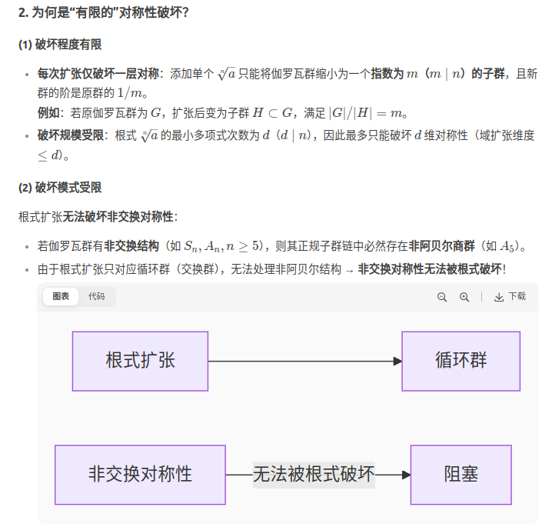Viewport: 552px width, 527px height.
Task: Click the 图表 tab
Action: [61, 296]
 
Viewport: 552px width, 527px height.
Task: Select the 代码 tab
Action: [96, 296]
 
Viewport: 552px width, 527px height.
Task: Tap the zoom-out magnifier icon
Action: [442, 297]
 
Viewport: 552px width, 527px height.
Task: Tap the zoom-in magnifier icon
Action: [464, 297]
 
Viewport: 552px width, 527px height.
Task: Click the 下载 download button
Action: [510, 297]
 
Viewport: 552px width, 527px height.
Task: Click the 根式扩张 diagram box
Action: [140, 361]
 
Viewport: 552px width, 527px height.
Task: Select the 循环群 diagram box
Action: [461, 361]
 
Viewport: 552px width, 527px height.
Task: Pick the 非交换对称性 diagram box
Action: [140, 474]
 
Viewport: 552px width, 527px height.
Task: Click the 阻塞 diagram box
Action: [461, 474]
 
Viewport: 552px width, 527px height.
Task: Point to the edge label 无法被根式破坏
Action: [314, 474]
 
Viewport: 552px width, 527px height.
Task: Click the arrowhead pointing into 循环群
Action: [397, 361]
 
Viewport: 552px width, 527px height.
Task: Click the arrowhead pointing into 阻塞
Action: [406, 474]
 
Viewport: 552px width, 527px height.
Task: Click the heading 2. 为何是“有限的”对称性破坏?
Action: [104, 13]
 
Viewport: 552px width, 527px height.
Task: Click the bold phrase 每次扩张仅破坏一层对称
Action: [98, 74]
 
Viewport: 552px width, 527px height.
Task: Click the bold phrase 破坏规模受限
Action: [70, 135]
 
